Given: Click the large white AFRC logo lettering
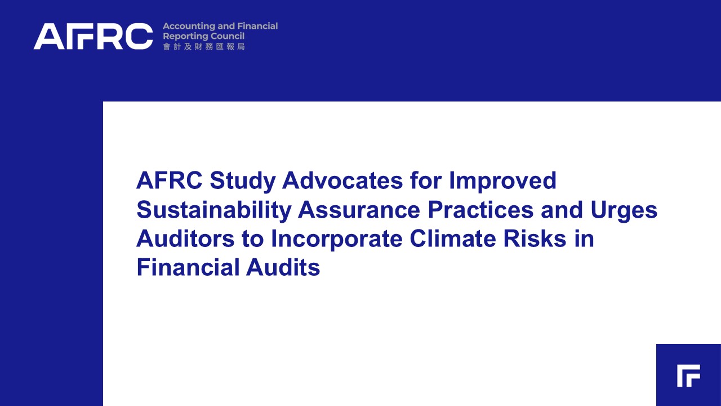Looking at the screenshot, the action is pos(93,36).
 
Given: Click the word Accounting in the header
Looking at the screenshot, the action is pos(189,27).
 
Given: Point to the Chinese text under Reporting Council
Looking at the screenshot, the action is pos(204,47).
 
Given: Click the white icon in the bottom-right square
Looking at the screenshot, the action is pos(688,376).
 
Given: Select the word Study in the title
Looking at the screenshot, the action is pos(243,181).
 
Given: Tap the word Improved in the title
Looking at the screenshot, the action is pos(502,181).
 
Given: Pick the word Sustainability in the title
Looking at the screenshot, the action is pos(213,210).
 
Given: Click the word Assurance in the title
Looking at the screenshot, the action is pos(359,210).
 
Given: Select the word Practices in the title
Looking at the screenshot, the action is pos(480,209).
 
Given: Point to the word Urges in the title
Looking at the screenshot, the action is pos(624,210).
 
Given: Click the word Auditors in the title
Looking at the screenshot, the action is pos(185,239).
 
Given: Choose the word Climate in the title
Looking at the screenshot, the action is pos(453,239).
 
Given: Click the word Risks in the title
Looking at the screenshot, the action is pos(535,239).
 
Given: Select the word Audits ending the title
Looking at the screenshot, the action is pos(283,267).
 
